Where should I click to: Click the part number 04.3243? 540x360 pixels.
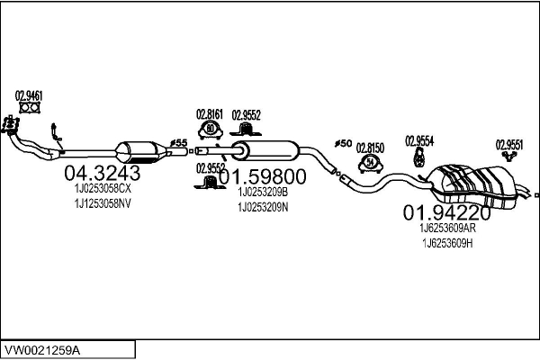[103, 173]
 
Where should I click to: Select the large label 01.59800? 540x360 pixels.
[263, 176]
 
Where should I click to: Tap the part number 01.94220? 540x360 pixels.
[446, 213]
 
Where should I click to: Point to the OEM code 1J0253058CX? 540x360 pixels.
[103, 189]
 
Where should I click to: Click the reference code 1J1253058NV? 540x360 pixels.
[103, 203]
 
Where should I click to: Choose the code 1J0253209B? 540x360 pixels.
[263, 193]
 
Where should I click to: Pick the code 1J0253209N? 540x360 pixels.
[263, 207]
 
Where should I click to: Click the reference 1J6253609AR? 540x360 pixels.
[447, 228]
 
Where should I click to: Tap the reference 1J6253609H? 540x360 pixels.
[447, 244]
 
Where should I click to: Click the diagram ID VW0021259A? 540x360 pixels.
[42, 351]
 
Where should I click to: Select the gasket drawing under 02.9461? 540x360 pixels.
[30, 108]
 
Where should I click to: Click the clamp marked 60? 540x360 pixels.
[210, 130]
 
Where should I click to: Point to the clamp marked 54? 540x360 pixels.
[371, 163]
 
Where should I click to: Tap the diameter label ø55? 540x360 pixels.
[179, 143]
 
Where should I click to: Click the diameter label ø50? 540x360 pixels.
[343, 144]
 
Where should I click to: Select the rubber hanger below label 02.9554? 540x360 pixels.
[418, 157]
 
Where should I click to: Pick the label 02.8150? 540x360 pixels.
[370, 148]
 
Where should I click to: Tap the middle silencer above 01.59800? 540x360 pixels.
[265, 150]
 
